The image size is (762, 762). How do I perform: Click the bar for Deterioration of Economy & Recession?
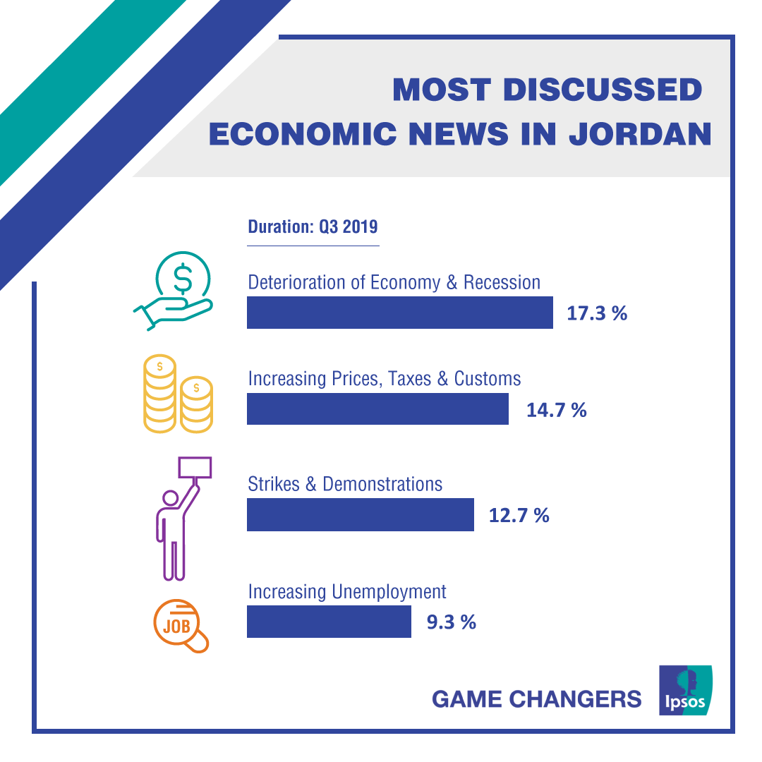click(x=399, y=313)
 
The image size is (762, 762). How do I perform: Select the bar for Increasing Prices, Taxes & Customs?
click(x=377, y=409)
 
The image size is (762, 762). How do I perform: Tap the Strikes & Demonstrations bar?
click(x=360, y=514)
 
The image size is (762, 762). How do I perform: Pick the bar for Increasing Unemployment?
click(x=329, y=622)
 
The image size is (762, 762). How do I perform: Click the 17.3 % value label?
click(x=597, y=313)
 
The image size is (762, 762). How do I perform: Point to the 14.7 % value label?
click(x=557, y=410)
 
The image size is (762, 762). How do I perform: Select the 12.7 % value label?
click(x=519, y=515)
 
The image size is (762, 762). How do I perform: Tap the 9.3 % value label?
click(x=452, y=622)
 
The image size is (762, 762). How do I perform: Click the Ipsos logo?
click(x=685, y=690)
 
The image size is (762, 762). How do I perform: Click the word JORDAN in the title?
click(x=640, y=133)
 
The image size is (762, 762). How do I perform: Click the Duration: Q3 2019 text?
click(x=313, y=227)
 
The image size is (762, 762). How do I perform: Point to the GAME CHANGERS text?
click(x=536, y=699)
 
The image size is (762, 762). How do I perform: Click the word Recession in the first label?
click(x=502, y=283)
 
